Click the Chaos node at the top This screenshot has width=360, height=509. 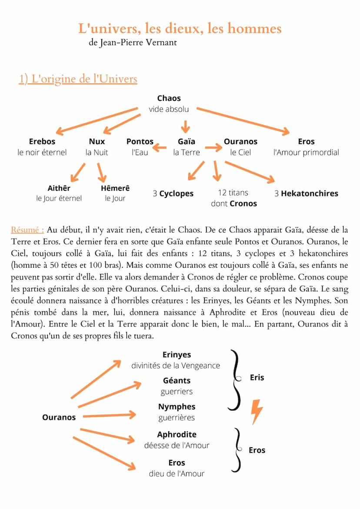pos(169,98)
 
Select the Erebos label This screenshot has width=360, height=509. pos(42,141)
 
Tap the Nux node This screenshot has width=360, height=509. pos(97,141)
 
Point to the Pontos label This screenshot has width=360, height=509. pos(140,141)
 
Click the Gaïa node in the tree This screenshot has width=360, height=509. pos(187,141)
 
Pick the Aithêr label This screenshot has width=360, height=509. pos(59,188)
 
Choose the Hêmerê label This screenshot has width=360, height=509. pos(115,188)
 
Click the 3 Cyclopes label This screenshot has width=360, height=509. pos(173,193)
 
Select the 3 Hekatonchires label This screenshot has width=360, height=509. pos(306,193)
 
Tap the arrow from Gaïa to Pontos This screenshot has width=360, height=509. pos(160,148)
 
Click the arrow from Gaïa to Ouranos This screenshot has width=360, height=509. pos(213,148)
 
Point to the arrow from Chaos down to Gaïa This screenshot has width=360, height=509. pos(186,126)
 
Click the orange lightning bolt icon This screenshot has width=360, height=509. pos(257,411)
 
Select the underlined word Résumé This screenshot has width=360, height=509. pos(27,230)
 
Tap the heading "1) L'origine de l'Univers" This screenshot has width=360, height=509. pos(78,79)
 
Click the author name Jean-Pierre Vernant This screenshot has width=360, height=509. pos(138,43)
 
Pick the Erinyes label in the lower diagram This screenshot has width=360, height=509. pos(177,355)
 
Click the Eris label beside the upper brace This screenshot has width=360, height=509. pos(257,377)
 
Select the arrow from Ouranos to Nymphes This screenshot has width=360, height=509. pos(109,416)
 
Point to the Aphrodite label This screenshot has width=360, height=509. pos(177,434)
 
